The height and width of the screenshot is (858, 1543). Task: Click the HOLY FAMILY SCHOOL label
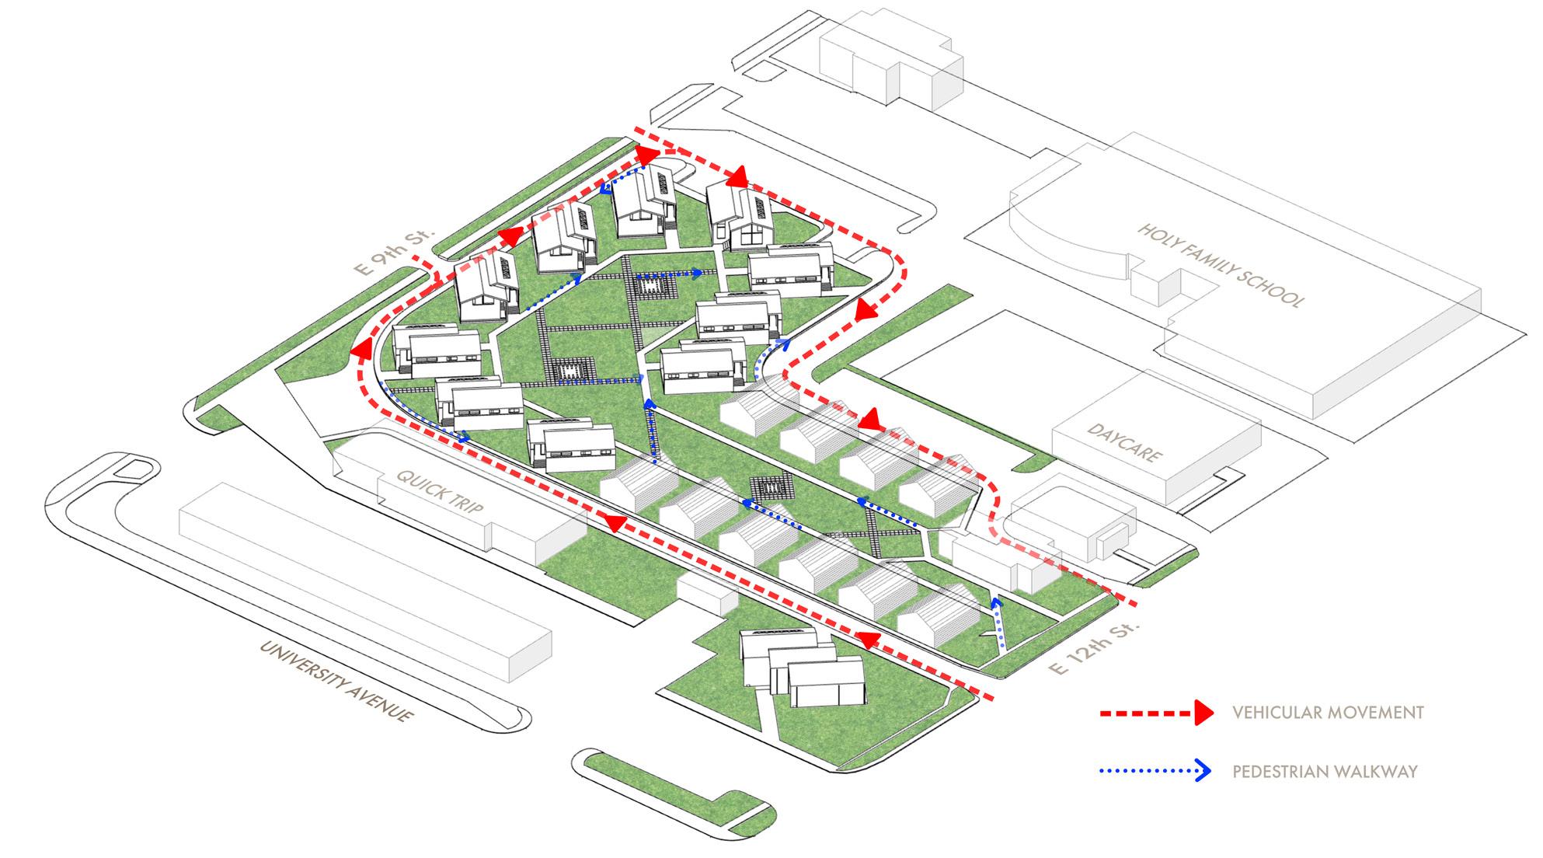[x=1221, y=265]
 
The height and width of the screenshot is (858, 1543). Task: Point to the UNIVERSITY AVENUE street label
[x=334, y=682]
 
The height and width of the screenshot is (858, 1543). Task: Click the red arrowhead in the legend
[x=1203, y=712]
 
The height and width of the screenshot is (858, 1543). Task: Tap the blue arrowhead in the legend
[x=1203, y=772]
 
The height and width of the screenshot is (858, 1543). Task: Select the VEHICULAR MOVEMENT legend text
[x=1328, y=712]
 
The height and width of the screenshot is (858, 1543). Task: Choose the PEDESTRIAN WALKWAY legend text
[x=1325, y=772]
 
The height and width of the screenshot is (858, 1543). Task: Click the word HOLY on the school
[x=1157, y=232]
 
